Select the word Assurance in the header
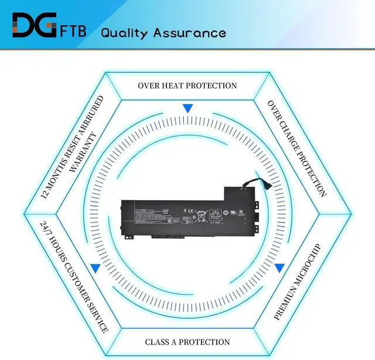click(x=190, y=32)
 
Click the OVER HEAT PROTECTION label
click(x=187, y=85)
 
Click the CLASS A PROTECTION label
click(x=187, y=342)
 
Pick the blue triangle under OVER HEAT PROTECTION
click(x=187, y=108)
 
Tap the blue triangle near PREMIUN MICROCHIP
click(x=280, y=268)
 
